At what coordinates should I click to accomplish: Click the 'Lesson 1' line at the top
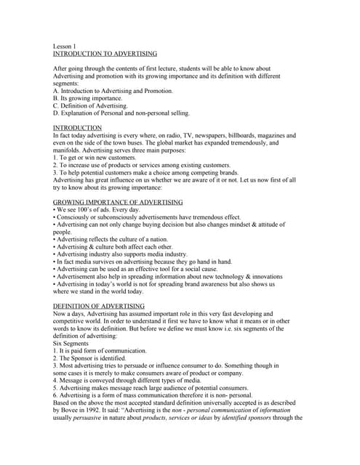click(x=65, y=46)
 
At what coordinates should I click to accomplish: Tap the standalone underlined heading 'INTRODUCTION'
click(x=78, y=128)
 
